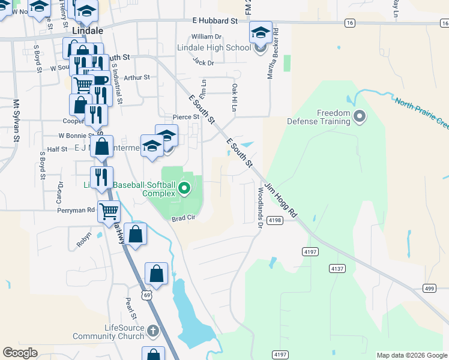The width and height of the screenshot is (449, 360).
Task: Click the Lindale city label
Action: [x=87, y=29]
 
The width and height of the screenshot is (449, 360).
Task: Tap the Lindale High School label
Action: [x=214, y=47]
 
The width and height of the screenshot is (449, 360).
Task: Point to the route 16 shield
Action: [x=349, y=22]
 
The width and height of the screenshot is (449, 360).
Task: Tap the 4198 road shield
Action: [x=275, y=221]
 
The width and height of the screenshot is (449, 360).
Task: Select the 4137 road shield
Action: [x=337, y=269]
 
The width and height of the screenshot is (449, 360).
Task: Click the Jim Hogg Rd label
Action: [x=282, y=200]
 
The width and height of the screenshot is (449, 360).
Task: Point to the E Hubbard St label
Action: [x=215, y=20]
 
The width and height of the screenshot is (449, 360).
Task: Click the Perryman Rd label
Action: [x=76, y=211]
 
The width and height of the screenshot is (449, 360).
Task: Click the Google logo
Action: [x=20, y=353]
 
